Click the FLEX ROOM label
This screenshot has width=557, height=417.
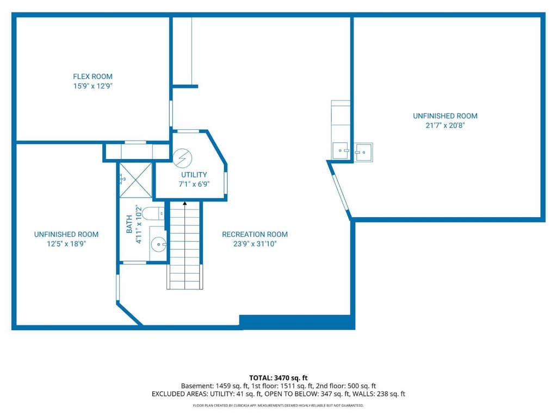coord(92,76)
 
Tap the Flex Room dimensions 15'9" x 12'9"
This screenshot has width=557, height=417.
coord(92,86)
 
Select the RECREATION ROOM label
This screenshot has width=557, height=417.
coord(255,234)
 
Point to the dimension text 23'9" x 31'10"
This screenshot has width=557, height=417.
coord(255,244)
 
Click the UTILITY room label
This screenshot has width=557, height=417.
coord(194,174)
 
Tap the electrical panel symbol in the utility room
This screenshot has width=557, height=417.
coord(183,158)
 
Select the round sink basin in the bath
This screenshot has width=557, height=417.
coord(158,244)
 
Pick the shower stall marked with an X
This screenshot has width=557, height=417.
coord(135,180)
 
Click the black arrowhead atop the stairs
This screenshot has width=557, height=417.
coord(185,204)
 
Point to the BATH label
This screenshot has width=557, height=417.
coord(129,224)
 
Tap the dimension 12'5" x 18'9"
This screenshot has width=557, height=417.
coord(66,244)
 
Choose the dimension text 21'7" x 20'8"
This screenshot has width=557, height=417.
coord(445,125)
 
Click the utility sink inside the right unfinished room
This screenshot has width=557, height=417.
coord(363,153)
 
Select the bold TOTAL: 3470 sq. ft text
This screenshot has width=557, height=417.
coord(278,378)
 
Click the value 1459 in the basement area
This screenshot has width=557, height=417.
coord(222,386)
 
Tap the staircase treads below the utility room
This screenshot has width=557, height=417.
coord(185,245)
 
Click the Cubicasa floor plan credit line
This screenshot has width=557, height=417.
coord(278,405)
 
